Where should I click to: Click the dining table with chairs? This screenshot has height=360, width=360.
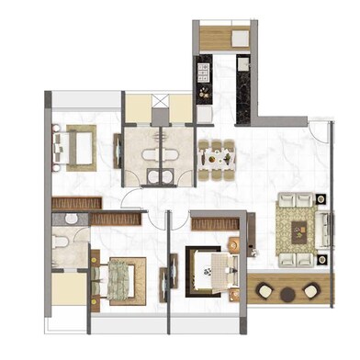click(217, 158)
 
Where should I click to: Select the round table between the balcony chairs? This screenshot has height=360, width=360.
click(286, 294)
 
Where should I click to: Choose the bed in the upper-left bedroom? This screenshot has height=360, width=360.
click(75, 146)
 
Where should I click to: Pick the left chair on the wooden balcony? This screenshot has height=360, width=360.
click(264, 292)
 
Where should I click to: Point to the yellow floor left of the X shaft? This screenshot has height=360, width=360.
click(136, 106)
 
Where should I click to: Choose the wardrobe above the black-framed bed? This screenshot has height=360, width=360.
click(217, 220)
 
